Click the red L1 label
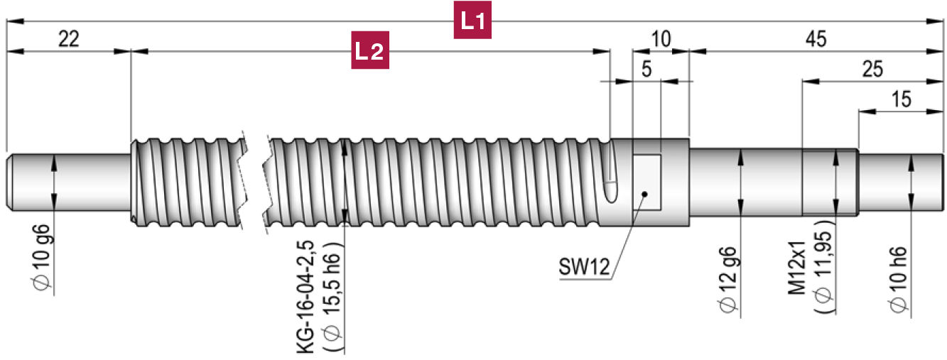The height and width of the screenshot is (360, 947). point(472,21)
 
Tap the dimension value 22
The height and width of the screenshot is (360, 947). point(68,40)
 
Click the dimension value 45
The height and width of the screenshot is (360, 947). point(816,40)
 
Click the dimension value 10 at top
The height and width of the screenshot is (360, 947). point(661,40)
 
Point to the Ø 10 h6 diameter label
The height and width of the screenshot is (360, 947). point(898,278)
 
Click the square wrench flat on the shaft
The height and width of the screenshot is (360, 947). point(646,182)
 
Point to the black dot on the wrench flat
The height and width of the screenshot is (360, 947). point(643,192)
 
